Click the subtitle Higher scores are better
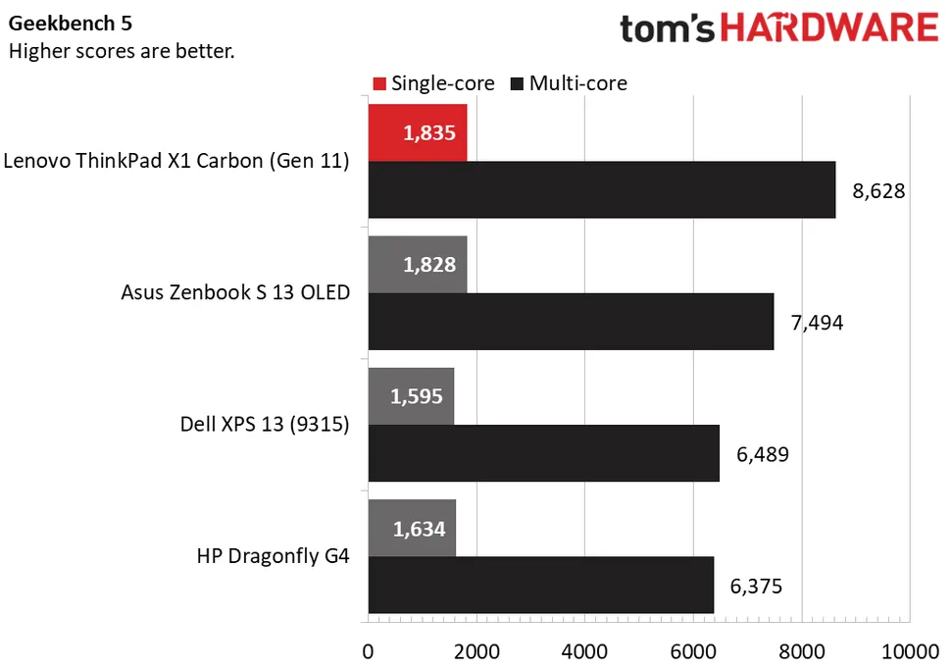pyautogui.click(x=122, y=51)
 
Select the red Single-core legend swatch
pyautogui.click(x=380, y=83)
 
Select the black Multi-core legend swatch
pyautogui.click(x=518, y=83)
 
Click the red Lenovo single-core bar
pyautogui.click(x=418, y=131)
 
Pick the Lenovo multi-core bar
pyautogui.click(x=601, y=189)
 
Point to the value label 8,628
pyautogui.click(x=879, y=190)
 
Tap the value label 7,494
pyautogui.click(x=817, y=323)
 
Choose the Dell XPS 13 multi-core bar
pyautogui.click(x=543, y=453)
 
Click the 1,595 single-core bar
pyautogui.click(x=411, y=396)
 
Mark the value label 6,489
pyautogui.click(x=762, y=454)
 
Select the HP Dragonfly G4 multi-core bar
pyautogui.click(x=540, y=586)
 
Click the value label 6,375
pyautogui.click(x=756, y=587)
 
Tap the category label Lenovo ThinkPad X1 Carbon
pyautogui.click(x=176, y=161)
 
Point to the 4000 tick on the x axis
pyautogui.click(x=585, y=651)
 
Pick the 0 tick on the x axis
pyautogui.click(x=369, y=651)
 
